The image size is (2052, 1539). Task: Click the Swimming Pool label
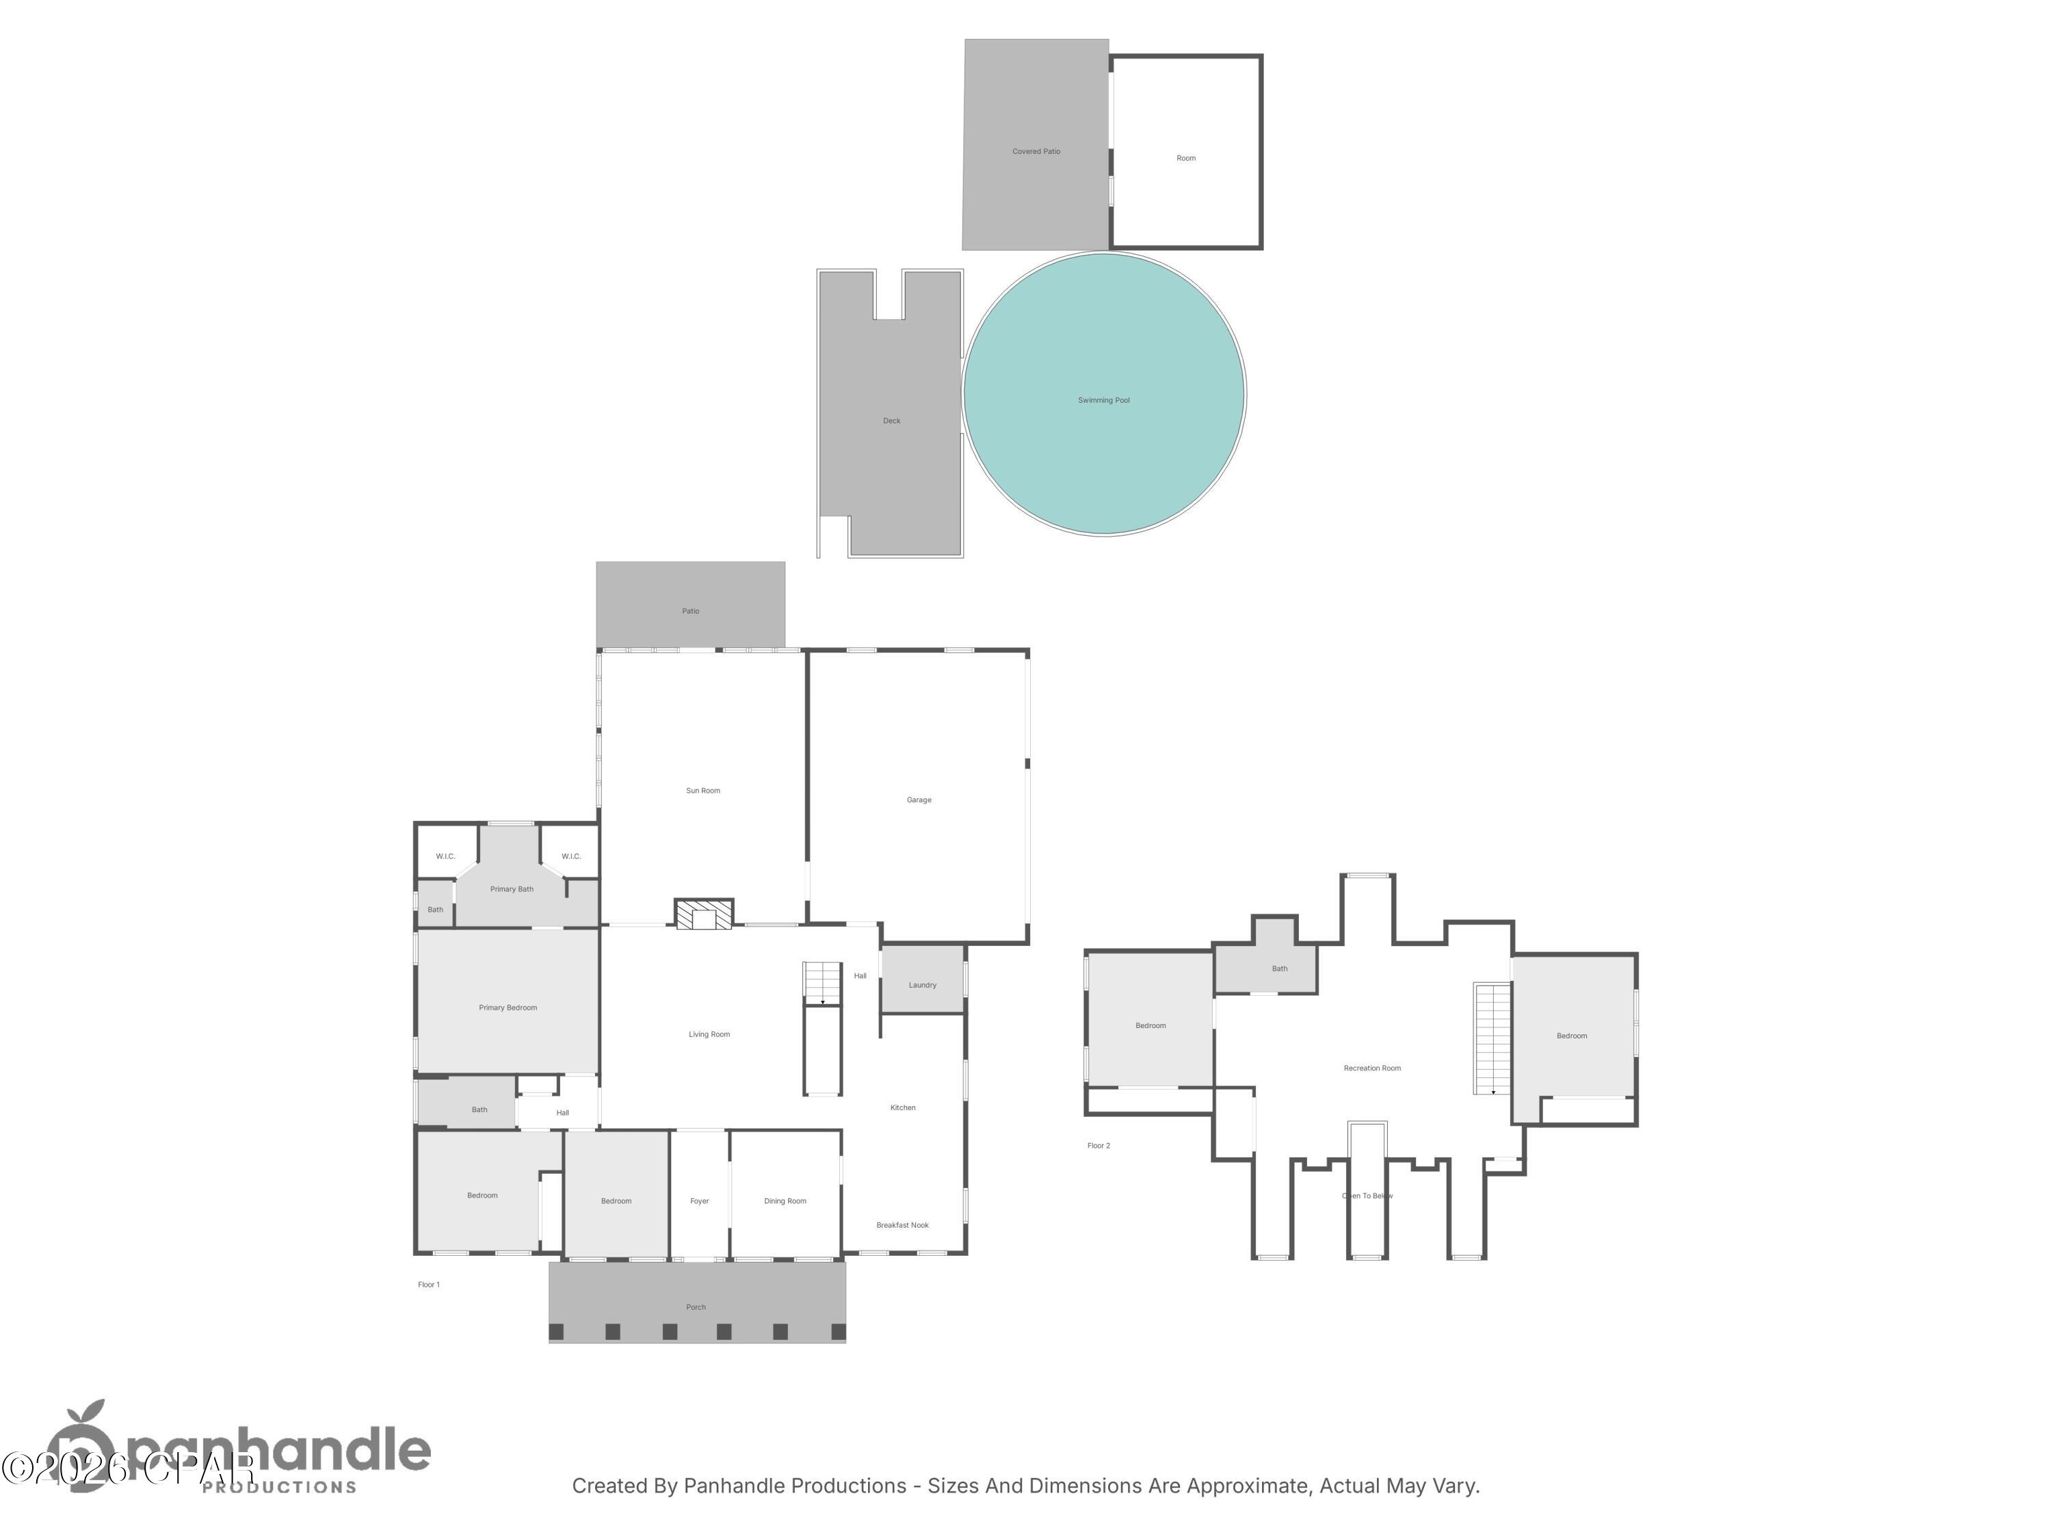coord(1103,401)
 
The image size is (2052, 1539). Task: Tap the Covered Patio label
coord(1036,151)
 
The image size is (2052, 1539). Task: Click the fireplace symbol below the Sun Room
coord(703,915)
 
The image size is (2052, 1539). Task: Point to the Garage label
coord(919,800)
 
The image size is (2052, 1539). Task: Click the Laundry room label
coord(922,985)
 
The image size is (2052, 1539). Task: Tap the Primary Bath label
coord(511,889)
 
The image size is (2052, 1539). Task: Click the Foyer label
coord(700,1201)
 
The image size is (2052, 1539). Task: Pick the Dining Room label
coord(785,1201)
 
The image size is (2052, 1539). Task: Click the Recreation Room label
coord(1372,1068)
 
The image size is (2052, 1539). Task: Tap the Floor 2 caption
coord(1099,1146)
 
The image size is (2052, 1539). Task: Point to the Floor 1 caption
coord(429,1285)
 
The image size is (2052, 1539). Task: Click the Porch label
coord(696,1307)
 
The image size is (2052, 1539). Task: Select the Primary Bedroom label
coord(508,1008)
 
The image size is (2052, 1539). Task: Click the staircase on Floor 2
coord(1492,1039)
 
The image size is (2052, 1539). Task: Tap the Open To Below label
coord(1367,1196)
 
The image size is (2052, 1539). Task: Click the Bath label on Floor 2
coord(1279,969)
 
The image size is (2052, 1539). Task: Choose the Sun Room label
coord(702,791)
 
